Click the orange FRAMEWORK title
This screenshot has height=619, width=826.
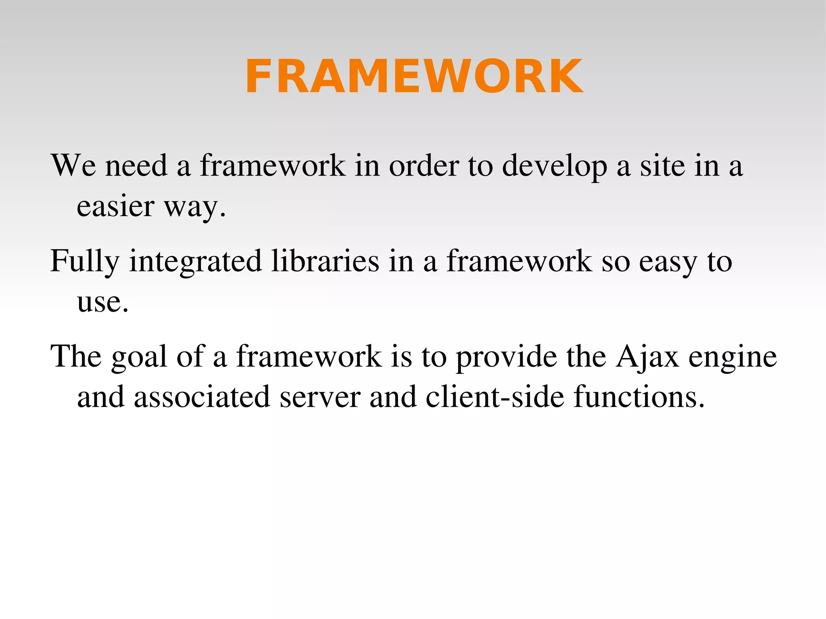(414, 76)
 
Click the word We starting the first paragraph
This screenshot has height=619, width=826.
(73, 165)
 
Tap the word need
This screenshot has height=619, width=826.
(136, 165)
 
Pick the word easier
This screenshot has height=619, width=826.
(115, 206)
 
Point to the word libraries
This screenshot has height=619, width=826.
(325, 261)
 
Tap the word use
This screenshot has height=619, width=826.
(102, 302)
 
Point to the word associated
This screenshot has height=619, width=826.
(202, 397)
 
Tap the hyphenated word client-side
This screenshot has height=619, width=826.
(495, 397)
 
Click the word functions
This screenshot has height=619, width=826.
(639, 397)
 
